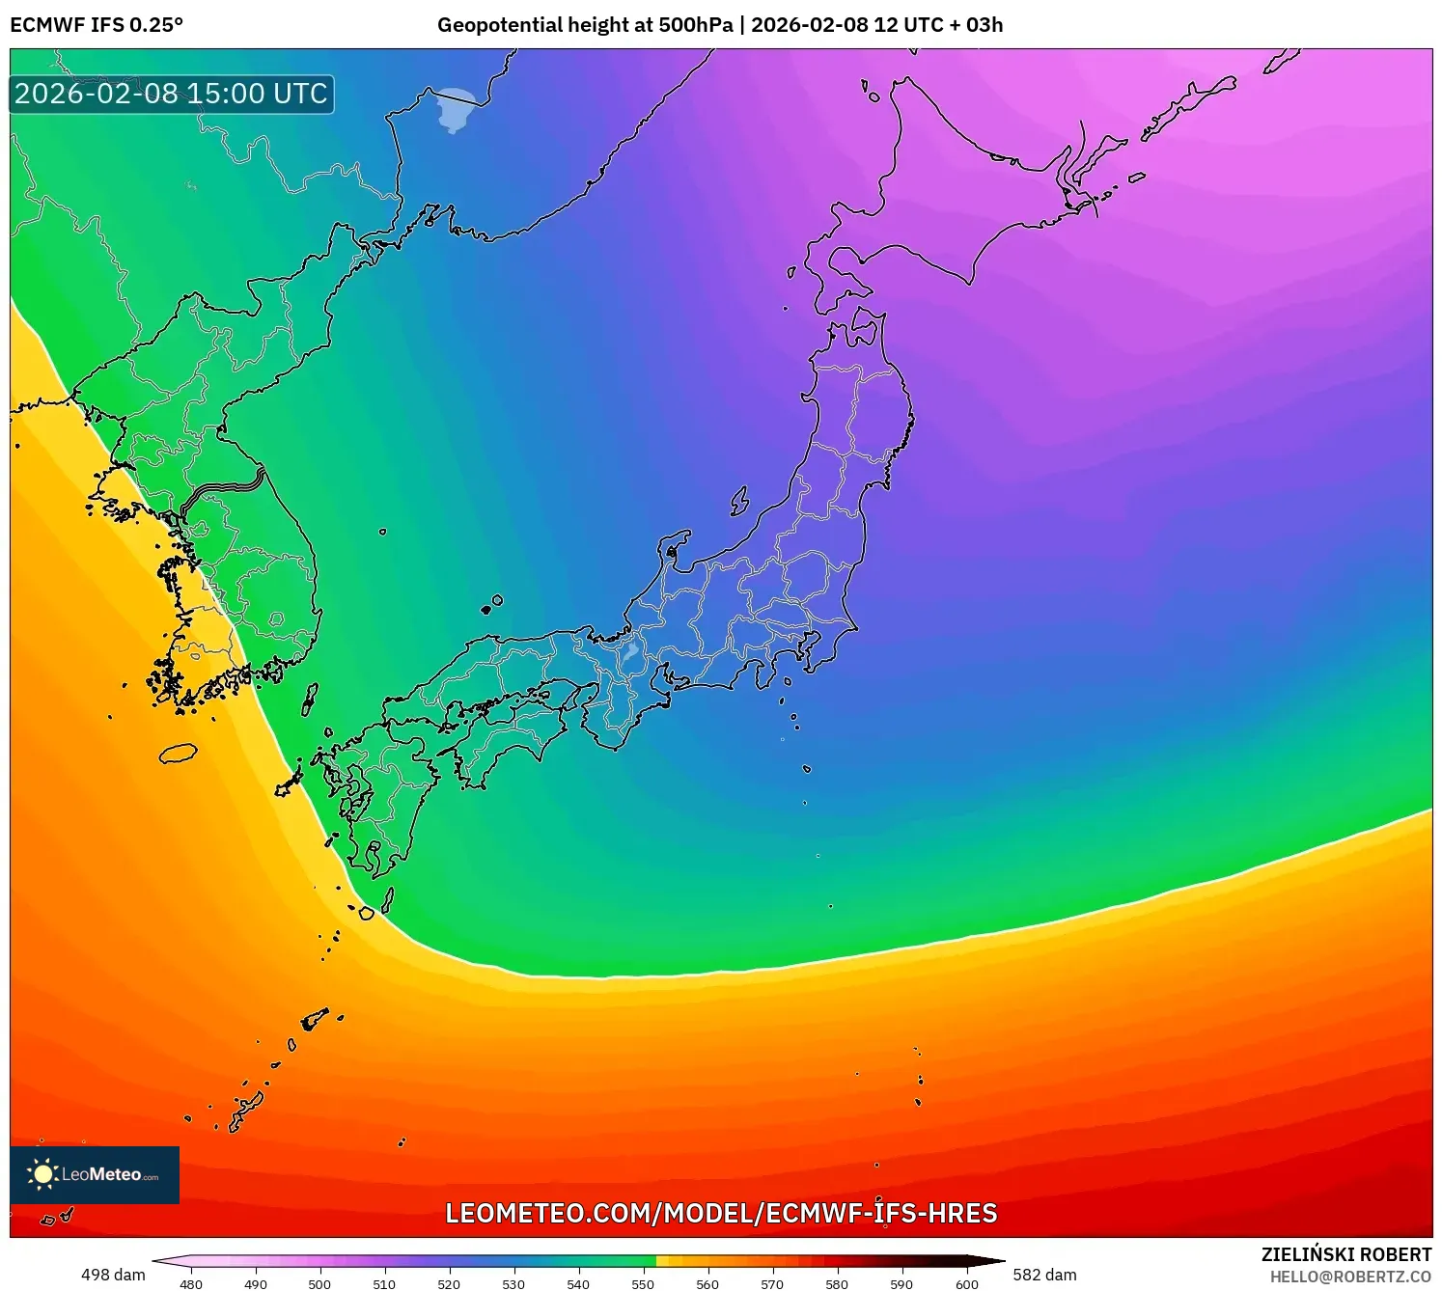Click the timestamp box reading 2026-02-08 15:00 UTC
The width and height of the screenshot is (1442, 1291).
[x=172, y=94]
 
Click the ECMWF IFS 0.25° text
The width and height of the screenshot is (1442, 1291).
[x=96, y=25]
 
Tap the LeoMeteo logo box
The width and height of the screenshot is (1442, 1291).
[x=95, y=1174]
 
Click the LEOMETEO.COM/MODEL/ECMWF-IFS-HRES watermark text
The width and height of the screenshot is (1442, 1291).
[x=721, y=1213]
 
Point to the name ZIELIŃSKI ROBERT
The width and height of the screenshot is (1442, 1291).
[x=1346, y=1254]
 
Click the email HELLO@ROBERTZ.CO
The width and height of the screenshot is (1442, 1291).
[x=1350, y=1277]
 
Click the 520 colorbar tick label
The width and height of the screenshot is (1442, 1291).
[x=449, y=1284]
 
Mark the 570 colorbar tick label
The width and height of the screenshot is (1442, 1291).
[x=772, y=1284]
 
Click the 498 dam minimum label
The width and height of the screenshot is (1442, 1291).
[x=113, y=1275]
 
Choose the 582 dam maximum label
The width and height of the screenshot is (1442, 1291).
[x=1044, y=1275]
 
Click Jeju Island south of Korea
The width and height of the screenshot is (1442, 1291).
[x=178, y=754]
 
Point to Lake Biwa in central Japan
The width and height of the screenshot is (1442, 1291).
[x=630, y=654]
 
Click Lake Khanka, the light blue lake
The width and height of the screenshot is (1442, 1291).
[x=454, y=108]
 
